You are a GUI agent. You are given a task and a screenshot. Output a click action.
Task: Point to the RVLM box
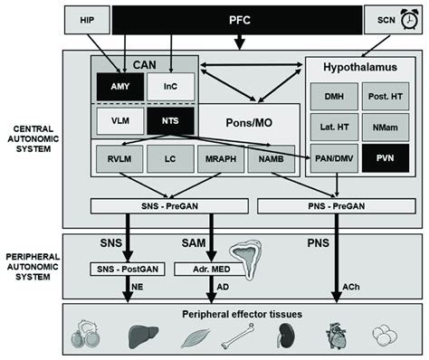pyautogui.click(x=116, y=160)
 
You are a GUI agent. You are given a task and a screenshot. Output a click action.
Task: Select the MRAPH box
pyautogui.click(x=220, y=160)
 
